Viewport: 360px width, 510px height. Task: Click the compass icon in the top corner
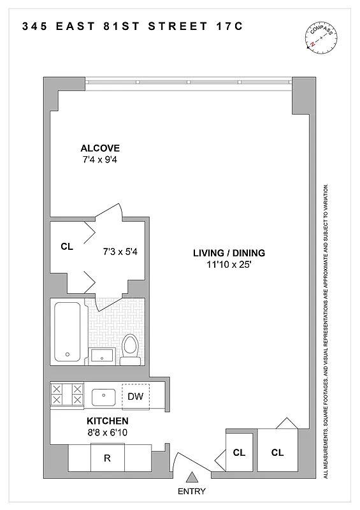(319, 37)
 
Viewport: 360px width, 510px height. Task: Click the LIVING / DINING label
(229, 253)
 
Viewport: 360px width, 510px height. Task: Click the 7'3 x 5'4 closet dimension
(121, 251)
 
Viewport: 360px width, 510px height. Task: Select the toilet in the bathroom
(131, 349)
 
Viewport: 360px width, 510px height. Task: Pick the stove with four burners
(67, 394)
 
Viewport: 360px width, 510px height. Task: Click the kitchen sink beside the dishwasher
(103, 396)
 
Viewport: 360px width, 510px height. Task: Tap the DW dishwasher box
(135, 396)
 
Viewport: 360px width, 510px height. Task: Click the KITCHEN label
(107, 421)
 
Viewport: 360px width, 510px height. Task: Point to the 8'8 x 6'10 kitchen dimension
(107, 433)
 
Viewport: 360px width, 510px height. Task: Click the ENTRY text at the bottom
(192, 492)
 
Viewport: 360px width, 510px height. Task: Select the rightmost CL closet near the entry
(277, 453)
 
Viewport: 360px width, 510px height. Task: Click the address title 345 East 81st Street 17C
(133, 27)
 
